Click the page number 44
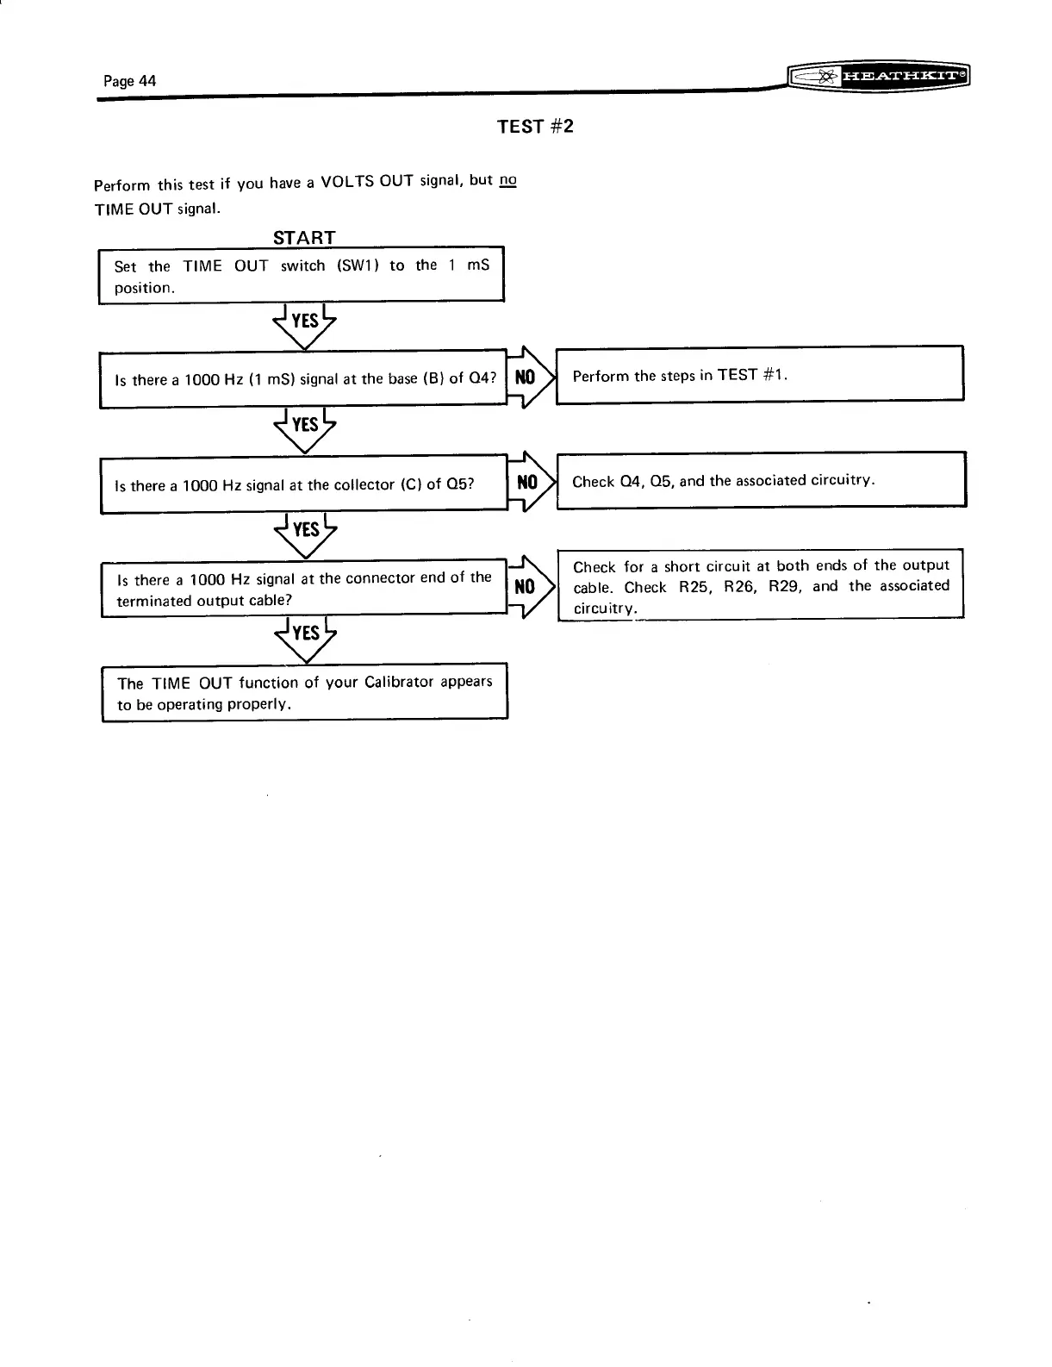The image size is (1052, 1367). (x=129, y=81)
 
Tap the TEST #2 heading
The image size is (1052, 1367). (x=535, y=127)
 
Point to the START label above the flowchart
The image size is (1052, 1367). (x=303, y=237)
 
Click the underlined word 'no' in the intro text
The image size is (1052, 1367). (x=507, y=180)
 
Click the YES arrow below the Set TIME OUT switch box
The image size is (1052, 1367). (x=304, y=323)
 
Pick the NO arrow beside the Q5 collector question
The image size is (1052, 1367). (x=527, y=482)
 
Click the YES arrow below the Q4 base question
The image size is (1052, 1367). (x=304, y=427)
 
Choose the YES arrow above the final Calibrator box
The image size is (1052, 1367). (x=304, y=635)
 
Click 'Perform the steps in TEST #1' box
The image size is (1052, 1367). (x=759, y=374)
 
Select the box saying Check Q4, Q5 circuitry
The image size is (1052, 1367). (x=761, y=480)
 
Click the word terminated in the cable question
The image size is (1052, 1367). (x=153, y=601)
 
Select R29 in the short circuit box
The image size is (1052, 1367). (x=785, y=587)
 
